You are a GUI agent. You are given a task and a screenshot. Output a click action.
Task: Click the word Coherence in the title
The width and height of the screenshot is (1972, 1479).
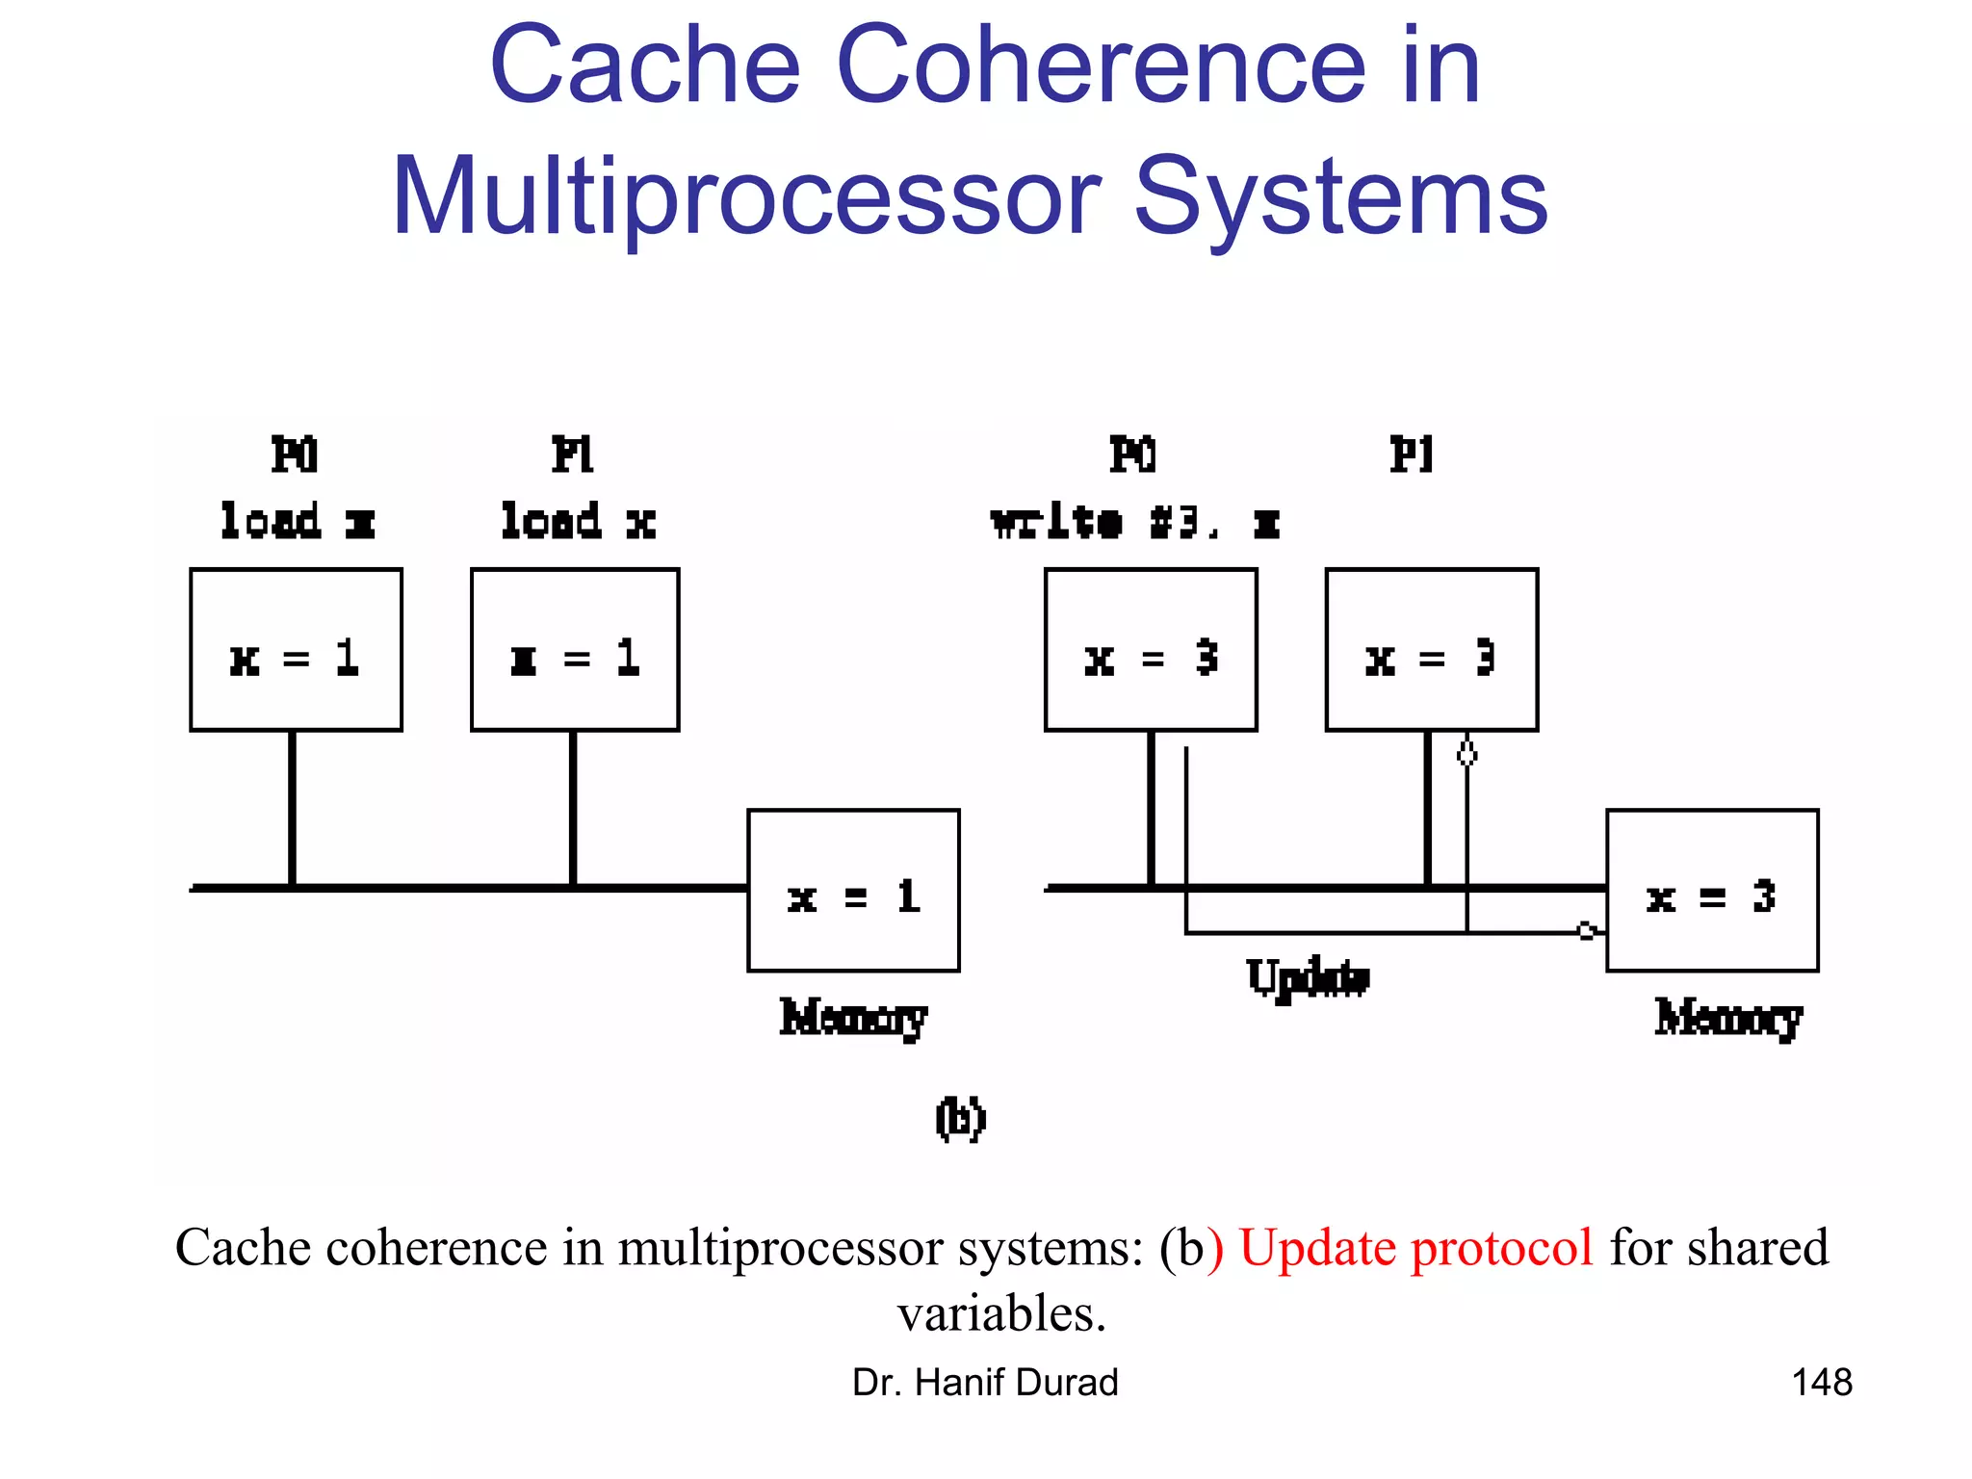click(1101, 65)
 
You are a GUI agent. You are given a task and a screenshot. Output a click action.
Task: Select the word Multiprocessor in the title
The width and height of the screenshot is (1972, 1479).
click(745, 197)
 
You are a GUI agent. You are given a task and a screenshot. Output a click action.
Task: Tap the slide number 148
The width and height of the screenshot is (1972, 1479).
click(1821, 1383)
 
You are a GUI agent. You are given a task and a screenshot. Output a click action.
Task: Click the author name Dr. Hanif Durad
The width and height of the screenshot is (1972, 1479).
click(985, 1383)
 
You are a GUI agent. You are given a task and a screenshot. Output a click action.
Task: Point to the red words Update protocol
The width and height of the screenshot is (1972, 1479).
click(1415, 1248)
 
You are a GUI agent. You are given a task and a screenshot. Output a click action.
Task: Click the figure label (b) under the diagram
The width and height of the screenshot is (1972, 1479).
click(960, 1118)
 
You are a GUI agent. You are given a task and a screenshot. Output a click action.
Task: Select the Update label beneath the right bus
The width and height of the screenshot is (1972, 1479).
click(1308, 978)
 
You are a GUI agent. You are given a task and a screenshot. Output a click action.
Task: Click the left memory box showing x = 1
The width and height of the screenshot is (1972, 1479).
click(853, 891)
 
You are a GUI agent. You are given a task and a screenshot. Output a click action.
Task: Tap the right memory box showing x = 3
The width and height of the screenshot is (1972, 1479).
click(1712, 891)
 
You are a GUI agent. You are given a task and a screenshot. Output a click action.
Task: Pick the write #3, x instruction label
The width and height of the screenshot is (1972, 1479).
click(1135, 523)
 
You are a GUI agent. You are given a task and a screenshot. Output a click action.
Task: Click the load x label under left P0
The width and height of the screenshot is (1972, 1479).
click(297, 522)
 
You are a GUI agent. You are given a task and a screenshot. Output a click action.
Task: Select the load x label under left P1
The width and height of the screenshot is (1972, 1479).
click(578, 522)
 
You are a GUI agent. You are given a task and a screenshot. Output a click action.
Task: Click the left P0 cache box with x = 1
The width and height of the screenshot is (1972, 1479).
click(296, 650)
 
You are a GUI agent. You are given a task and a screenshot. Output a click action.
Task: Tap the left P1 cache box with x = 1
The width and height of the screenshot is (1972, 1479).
click(575, 650)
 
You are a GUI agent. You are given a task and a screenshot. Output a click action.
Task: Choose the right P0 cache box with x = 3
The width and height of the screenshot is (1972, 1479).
click(1151, 650)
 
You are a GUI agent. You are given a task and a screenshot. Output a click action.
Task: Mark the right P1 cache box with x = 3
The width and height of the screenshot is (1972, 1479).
click(1432, 650)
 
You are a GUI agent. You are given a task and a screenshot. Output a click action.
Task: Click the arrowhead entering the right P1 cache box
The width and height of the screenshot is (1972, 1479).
click(1466, 751)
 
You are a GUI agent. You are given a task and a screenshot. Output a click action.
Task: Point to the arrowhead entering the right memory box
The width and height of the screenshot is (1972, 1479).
click(1588, 931)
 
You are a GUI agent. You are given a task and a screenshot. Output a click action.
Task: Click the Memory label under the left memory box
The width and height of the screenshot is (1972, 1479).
click(853, 1018)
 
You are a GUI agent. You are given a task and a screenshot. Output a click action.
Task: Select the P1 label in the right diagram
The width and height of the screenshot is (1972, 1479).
click(1412, 454)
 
